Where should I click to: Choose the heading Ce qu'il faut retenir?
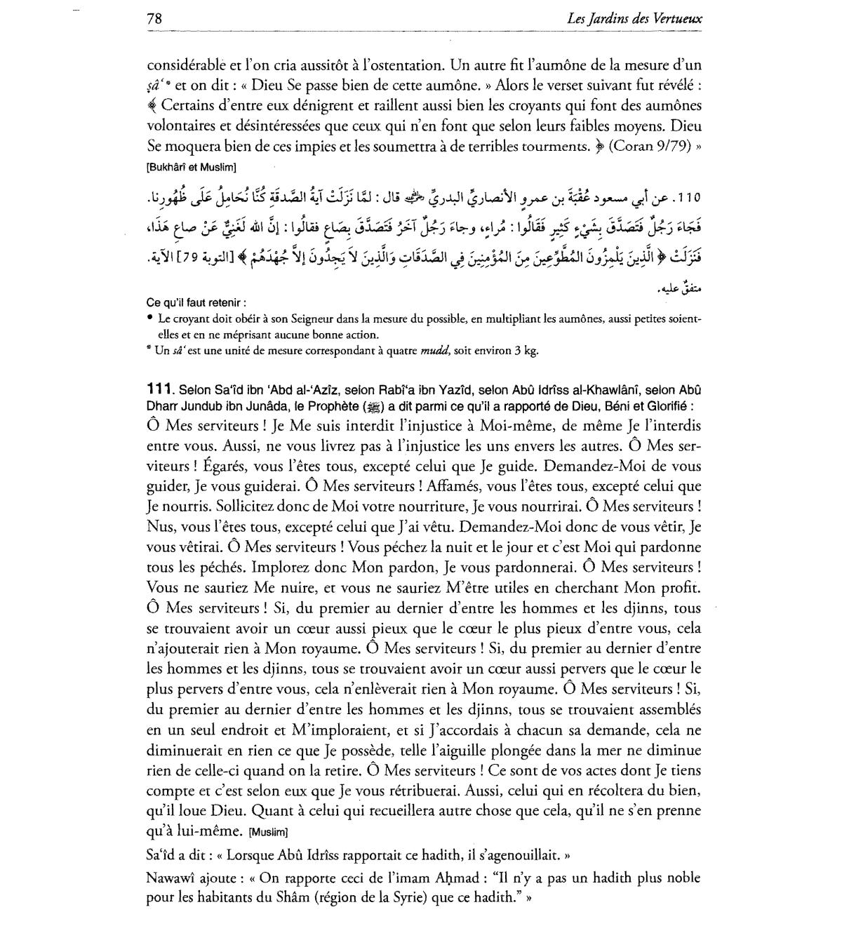[x=196, y=303]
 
